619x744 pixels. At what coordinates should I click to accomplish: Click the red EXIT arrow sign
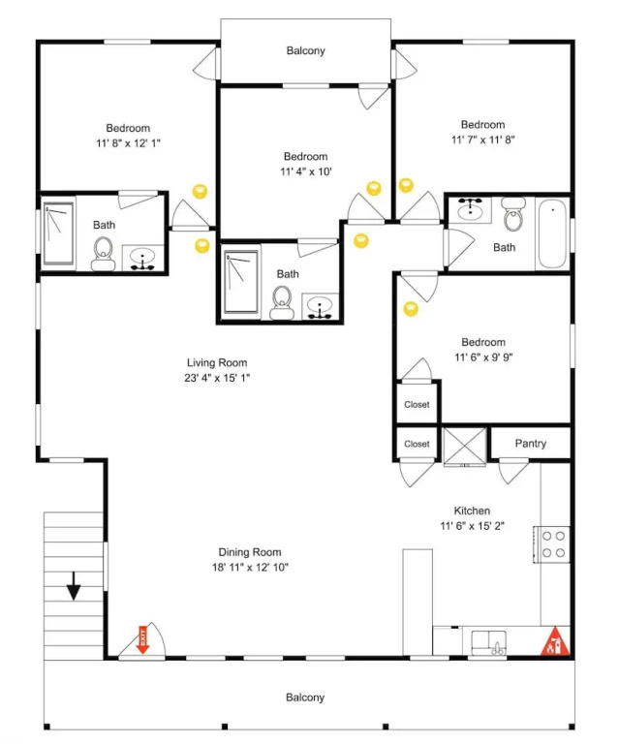click(x=142, y=639)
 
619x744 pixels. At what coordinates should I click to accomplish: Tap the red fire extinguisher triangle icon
click(x=555, y=642)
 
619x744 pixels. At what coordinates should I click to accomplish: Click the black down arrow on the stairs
click(x=74, y=586)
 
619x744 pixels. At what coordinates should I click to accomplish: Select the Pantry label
click(x=530, y=443)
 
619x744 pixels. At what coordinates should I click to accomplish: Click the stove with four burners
click(x=551, y=544)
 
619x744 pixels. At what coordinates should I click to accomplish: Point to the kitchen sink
click(x=488, y=642)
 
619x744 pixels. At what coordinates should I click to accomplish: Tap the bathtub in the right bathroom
click(x=552, y=233)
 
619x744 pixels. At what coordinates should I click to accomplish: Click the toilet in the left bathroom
click(x=103, y=254)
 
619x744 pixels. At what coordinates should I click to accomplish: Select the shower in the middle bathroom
click(x=241, y=282)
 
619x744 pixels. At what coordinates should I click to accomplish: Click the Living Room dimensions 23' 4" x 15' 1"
click(x=217, y=378)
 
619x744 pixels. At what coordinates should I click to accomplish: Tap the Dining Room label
click(x=250, y=552)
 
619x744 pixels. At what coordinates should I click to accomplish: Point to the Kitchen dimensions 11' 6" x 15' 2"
click(x=472, y=526)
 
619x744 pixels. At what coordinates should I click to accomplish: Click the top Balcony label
click(x=305, y=50)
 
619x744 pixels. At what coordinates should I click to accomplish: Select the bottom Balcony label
click(x=305, y=697)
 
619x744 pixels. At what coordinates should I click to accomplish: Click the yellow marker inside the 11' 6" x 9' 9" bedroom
click(x=411, y=309)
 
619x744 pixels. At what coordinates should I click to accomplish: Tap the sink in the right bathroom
click(x=470, y=208)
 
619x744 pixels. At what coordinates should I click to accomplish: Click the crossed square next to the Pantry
click(x=465, y=447)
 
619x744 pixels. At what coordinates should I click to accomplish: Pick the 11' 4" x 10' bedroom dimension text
click(x=305, y=171)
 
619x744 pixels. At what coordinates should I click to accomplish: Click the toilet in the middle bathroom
click(x=282, y=302)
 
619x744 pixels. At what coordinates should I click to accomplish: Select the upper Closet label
click(x=417, y=405)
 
